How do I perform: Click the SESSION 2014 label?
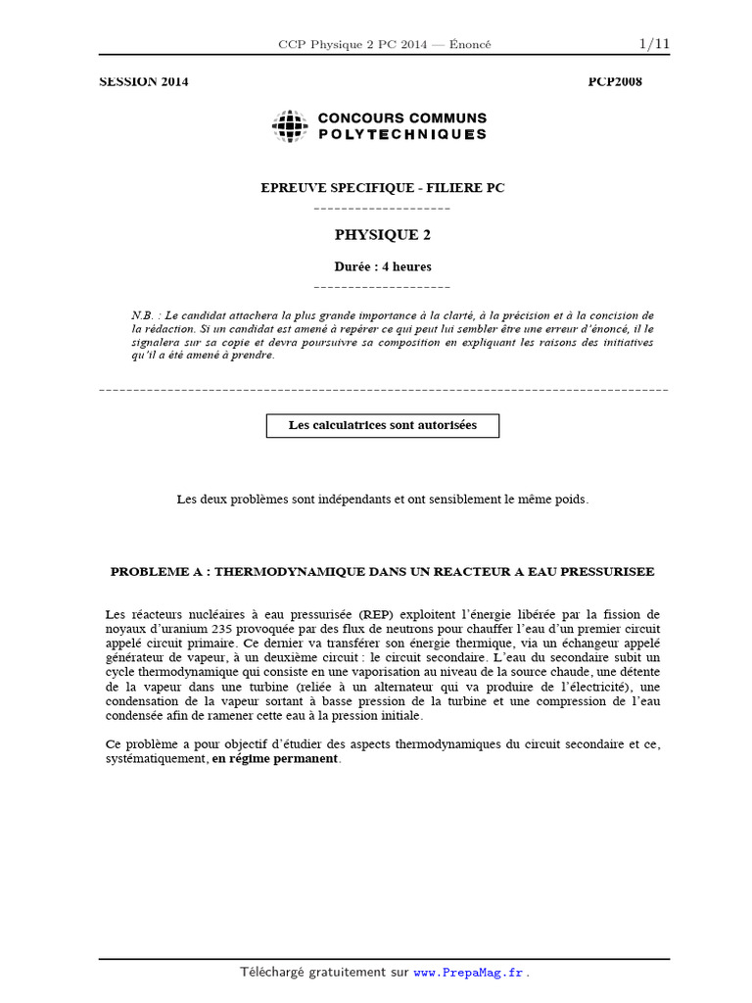coord(144,82)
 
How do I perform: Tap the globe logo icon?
coord(290,125)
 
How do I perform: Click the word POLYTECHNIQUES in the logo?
coord(401,134)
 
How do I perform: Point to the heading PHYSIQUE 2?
coord(382,235)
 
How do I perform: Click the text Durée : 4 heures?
coord(382,266)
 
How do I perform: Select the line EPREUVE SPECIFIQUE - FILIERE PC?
coord(382,188)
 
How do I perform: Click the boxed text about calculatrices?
coord(382,425)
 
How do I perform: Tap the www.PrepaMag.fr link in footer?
coord(469,973)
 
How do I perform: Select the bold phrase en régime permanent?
coord(275,759)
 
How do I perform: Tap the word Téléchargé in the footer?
coord(273,973)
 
